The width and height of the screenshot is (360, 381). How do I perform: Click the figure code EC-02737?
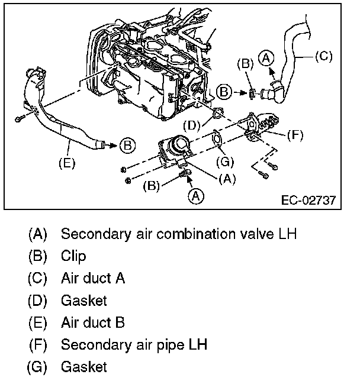(308, 200)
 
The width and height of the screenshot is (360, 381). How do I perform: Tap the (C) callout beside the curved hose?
(323, 57)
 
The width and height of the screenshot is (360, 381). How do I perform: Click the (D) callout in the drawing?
(191, 125)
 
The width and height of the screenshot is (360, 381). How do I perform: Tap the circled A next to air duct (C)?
(268, 58)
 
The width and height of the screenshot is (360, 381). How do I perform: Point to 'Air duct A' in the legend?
(93, 278)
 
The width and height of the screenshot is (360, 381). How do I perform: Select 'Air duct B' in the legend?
(93, 323)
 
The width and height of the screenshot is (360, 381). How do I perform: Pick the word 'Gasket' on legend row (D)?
(83, 301)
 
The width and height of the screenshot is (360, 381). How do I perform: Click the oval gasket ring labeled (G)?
(217, 140)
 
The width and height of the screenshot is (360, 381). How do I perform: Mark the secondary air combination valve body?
(176, 148)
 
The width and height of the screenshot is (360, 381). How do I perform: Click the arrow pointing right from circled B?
(240, 92)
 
